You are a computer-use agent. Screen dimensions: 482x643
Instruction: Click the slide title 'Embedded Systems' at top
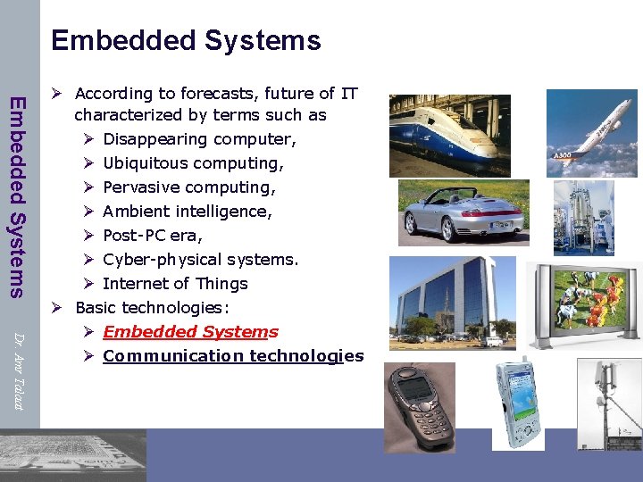click(x=186, y=40)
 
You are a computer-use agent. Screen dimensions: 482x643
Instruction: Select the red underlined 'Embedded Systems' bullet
click(x=190, y=332)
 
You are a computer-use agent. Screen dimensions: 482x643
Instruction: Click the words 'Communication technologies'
click(x=233, y=356)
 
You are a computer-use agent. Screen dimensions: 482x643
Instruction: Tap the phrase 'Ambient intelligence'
click(x=188, y=212)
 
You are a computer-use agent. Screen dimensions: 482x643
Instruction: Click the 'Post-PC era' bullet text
click(x=153, y=236)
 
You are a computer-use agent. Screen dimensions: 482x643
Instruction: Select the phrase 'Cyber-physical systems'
click(x=200, y=260)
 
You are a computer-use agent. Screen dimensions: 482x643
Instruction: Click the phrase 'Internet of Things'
click(x=175, y=284)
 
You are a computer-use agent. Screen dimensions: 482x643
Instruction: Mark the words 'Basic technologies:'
click(x=152, y=308)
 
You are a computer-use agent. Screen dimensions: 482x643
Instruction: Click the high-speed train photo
click(x=450, y=135)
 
